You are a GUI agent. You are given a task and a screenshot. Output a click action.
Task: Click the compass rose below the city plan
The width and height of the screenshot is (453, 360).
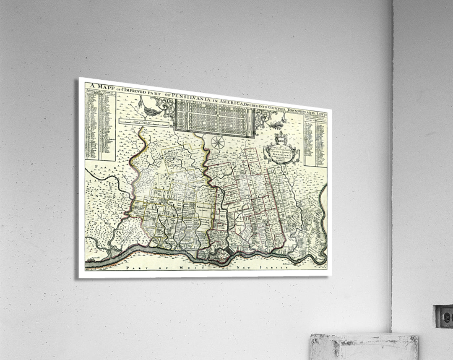[218, 142]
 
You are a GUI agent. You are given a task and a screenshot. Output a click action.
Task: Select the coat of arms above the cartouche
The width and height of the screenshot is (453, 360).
[280, 138]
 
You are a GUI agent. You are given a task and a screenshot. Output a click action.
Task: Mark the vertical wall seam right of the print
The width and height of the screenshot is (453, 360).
[393, 168]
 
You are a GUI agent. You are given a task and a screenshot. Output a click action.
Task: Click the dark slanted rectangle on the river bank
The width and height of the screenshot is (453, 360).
[228, 251]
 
